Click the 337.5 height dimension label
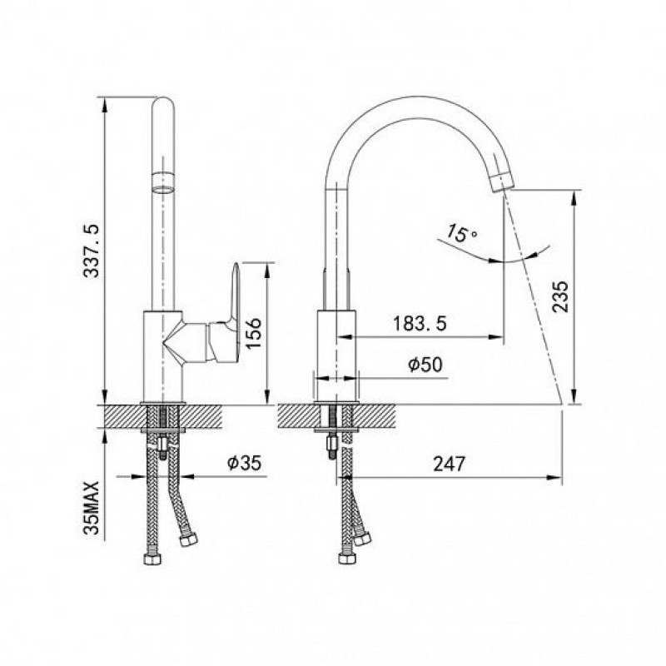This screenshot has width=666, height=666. [x=92, y=251]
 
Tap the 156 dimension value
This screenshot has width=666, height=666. [x=254, y=334]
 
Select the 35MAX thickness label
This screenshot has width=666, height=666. [x=92, y=508]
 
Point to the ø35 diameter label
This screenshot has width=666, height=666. [x=244, y=463]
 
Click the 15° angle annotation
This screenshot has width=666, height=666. [x=462, y=233]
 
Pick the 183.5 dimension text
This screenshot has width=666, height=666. [x=420, y=324]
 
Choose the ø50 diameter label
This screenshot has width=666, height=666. [x=425, y=365]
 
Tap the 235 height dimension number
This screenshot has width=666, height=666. [x=560, y=296]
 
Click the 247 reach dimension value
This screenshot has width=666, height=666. [x=450, y=464]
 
